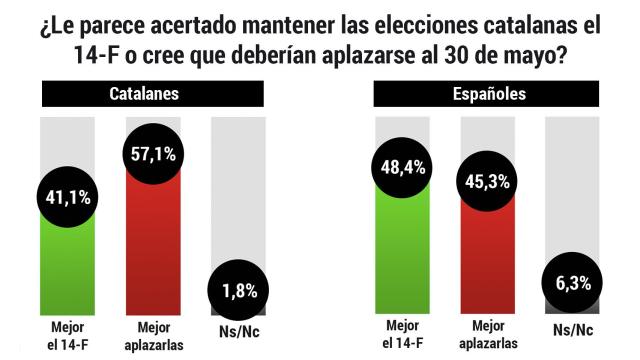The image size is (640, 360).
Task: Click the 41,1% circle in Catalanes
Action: (x=68, y=196)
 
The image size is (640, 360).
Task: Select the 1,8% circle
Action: (x=237, y=292)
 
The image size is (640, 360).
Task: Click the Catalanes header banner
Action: (x=152, y=95)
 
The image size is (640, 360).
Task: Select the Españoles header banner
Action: (x=486, y=95)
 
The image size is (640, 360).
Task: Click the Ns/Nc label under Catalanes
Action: (x=237, y=330)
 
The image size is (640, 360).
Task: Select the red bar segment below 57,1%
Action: (x=152, y=250)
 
